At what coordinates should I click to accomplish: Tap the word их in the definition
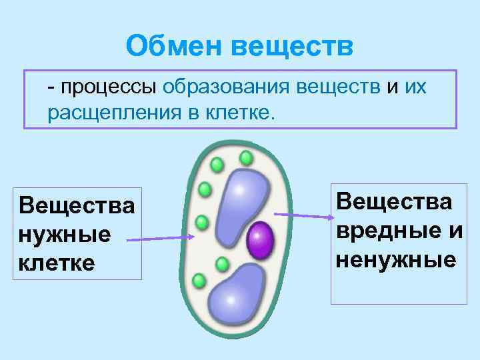coord(415,87)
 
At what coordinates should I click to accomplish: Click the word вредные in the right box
coord(383,230)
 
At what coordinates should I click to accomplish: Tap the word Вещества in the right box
coord(394,201)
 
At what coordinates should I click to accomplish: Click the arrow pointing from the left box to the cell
coord(160,237)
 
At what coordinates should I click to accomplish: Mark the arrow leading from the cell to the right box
coord(303,215)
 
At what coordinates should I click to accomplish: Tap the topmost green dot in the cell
coord(246,158)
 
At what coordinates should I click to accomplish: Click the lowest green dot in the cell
coord(198,281)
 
